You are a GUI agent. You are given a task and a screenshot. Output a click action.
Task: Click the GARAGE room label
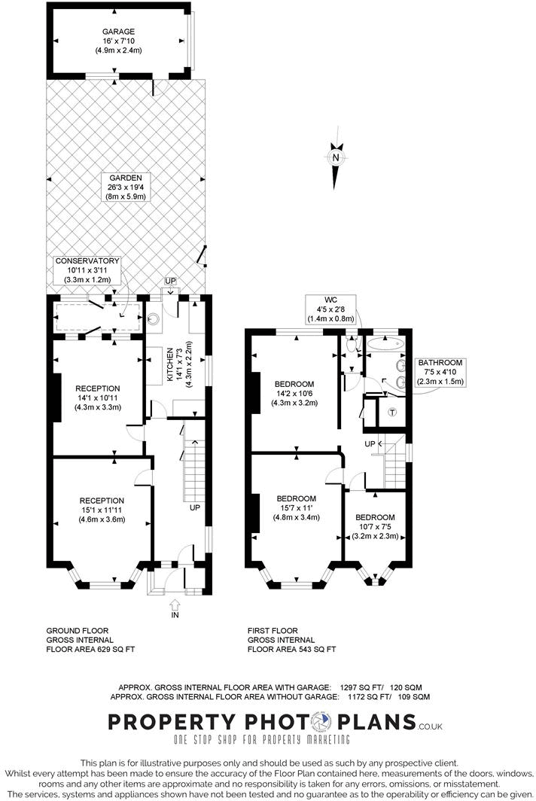pos(118,31)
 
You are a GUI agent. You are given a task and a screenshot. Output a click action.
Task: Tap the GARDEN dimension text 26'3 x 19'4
pos(124,187)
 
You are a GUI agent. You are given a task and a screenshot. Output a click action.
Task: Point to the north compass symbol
pos(336,159)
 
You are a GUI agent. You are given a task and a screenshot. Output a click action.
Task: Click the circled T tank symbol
pos(393,412)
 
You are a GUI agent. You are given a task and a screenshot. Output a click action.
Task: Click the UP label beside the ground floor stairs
pos(194,507)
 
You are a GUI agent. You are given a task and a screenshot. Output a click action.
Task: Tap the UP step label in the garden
pos(170,281)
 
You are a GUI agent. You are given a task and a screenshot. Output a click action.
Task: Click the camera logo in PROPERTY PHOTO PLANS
pos(321,722)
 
